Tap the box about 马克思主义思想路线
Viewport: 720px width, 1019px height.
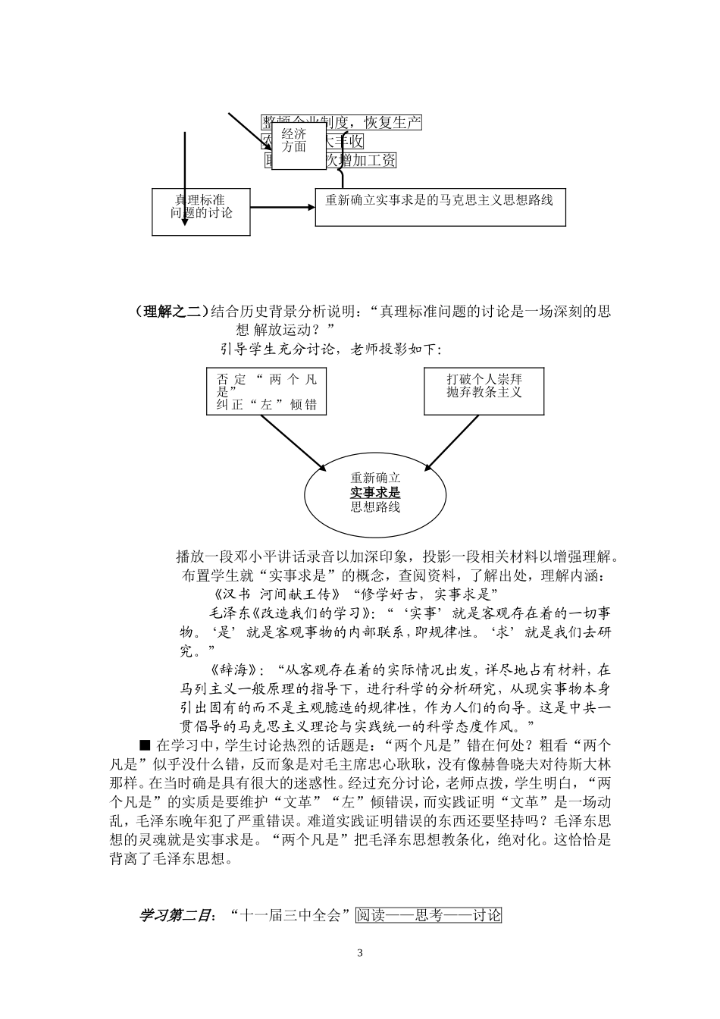click(440, 206)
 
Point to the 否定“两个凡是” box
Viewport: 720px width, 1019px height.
click(265, 391)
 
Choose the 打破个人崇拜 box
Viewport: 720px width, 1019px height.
click(484, 391)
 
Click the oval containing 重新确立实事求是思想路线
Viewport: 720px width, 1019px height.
click(374, 494)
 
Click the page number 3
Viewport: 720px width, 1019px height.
click(360, 953)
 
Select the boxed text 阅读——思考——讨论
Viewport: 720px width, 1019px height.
click(428, 915)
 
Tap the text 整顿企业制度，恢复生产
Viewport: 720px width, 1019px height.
click(341, 123)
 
